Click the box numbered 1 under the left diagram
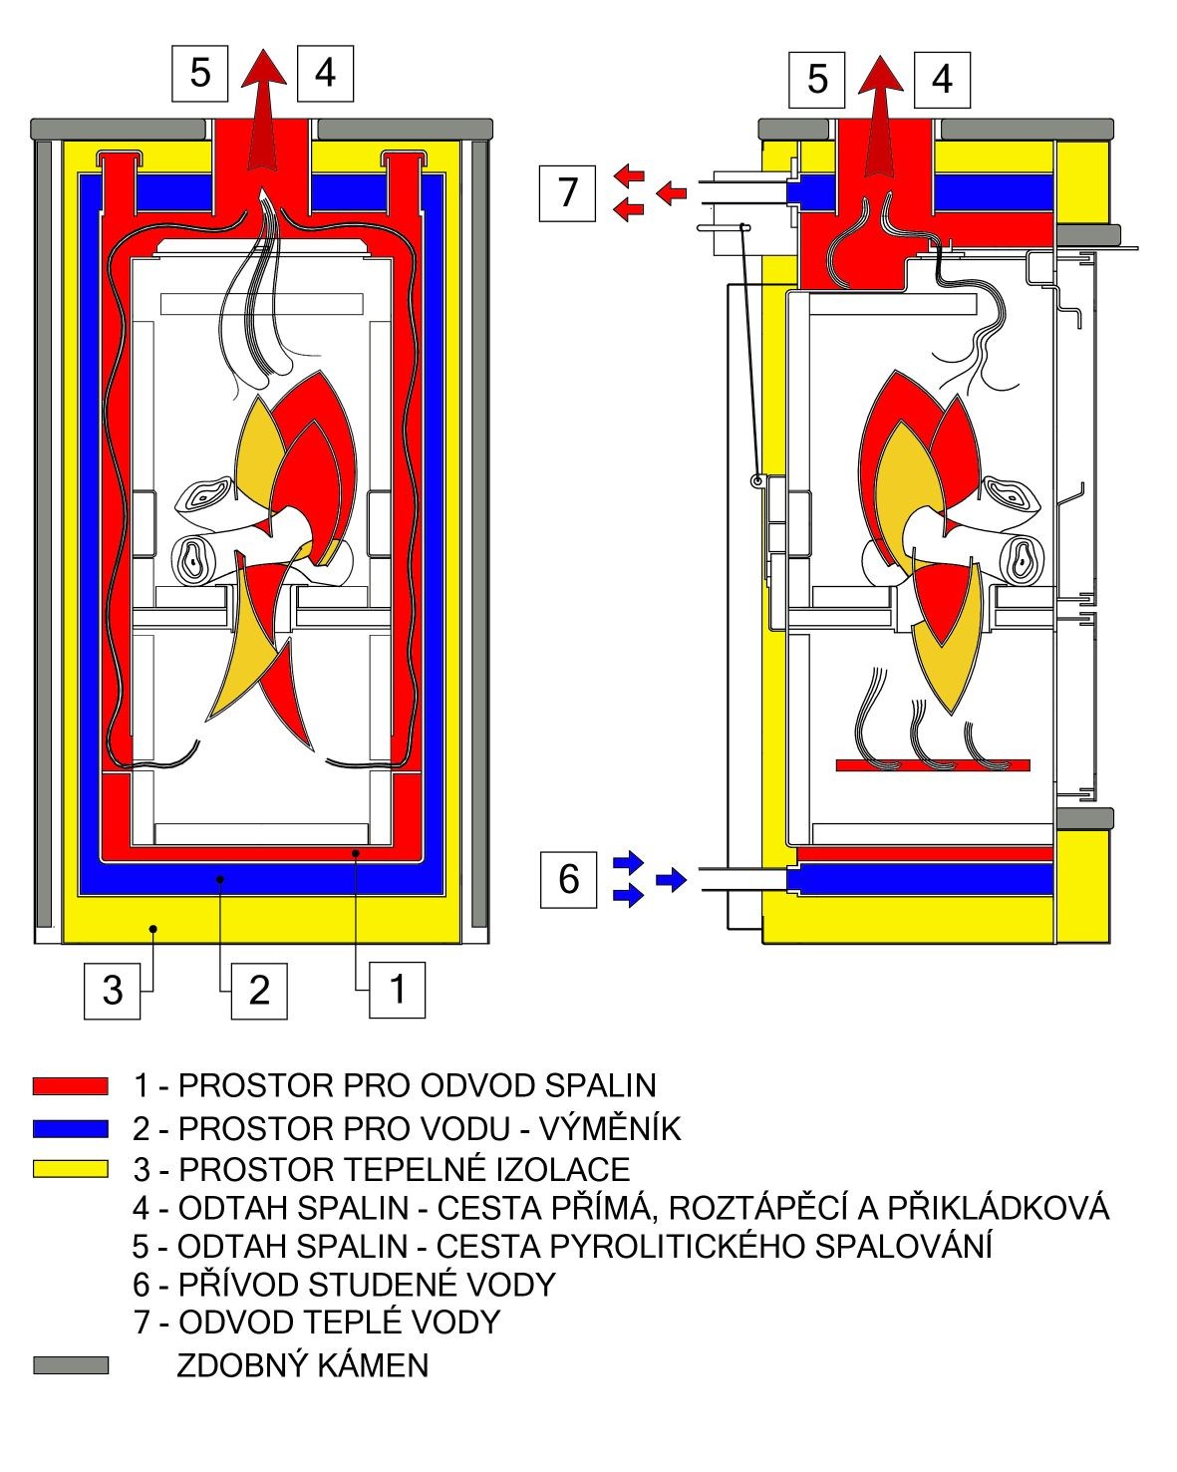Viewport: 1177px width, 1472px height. click(x=397, y=990)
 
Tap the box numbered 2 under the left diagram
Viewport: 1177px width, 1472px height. click(x=258, y=990)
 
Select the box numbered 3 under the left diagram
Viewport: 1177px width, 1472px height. click(x=112, y=990)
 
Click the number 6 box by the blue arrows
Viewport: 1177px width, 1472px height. click(x=568, y=879)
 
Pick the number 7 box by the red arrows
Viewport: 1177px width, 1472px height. click(x=568, y=191)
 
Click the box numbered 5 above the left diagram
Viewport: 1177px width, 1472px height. click(x=200, y=72)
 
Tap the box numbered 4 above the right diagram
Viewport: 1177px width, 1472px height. click(x=942, y=78)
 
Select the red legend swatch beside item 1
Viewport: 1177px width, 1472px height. click(x=70, y=1085)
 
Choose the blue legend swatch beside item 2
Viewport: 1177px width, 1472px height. click(x=70, y=1128)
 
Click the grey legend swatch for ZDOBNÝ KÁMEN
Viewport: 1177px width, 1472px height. click(x=70, y=1365)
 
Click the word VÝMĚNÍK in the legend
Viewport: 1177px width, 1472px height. click(x=610, y=1128)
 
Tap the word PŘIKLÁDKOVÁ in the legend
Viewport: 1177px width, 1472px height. click(x=996, y=1207)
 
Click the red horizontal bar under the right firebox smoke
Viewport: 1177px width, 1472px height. click(x=932, y=764)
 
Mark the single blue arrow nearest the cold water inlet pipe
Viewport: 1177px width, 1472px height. click(x=673, y=879)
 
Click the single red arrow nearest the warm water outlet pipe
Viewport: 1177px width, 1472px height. click(x=672, y=191)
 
